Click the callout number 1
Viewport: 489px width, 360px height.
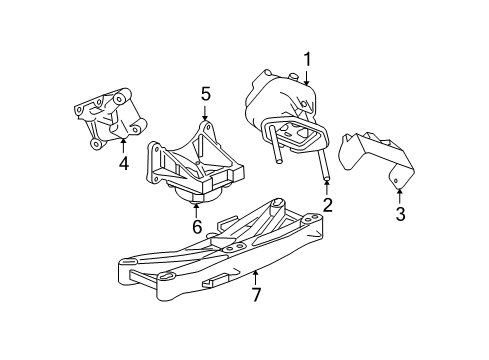tap(308, 59)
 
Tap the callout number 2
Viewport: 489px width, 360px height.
tap(326, 207)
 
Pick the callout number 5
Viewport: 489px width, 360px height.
tap(205, 94)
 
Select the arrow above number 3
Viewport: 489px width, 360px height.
tap(399, 193)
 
